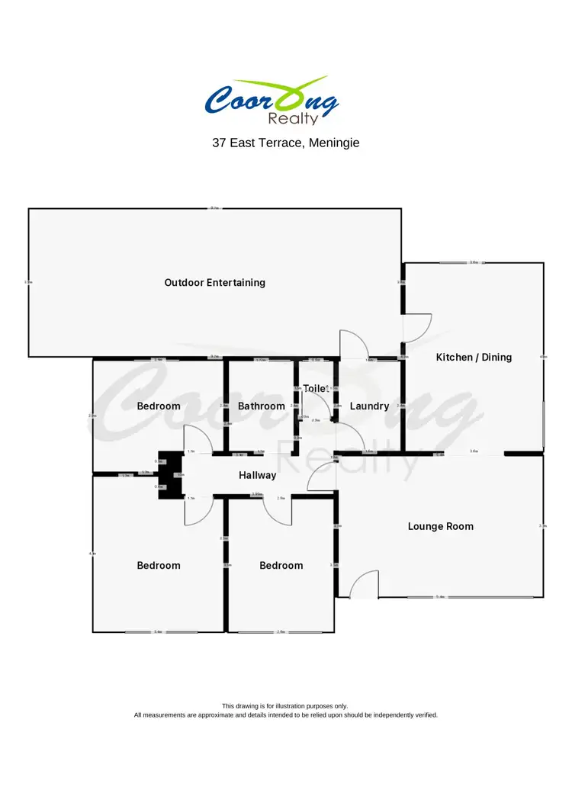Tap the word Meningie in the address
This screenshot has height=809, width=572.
coord(333,143)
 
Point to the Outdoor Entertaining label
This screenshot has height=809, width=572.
coord(215,283)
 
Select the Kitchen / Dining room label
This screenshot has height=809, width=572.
coord(474,357)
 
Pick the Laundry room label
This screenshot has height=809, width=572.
coord(369,406)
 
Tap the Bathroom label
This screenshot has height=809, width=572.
coord(261,406)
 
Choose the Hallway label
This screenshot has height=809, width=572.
coord(257,475)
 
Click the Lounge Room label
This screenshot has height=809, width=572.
coord(440,526)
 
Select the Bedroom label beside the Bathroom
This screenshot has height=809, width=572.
coord(159,406)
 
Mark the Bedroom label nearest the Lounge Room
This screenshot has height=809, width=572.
coord(281,566)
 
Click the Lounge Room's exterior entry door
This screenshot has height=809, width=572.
coord(365,585)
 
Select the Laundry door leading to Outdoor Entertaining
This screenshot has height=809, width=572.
coord(352,345)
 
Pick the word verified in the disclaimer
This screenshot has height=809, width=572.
coord(423,715)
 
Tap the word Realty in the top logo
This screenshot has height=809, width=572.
coord(294,118)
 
